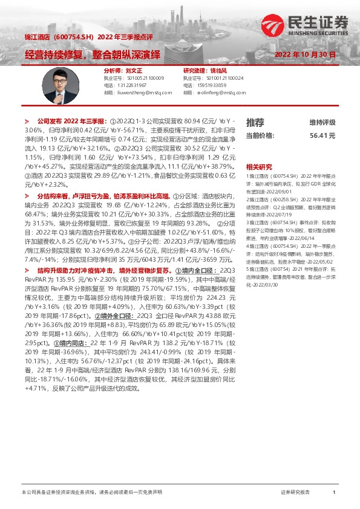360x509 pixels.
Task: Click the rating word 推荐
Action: click(255, 123)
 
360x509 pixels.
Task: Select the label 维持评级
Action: click(322, 123)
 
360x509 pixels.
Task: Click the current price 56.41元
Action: click(322, 136)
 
